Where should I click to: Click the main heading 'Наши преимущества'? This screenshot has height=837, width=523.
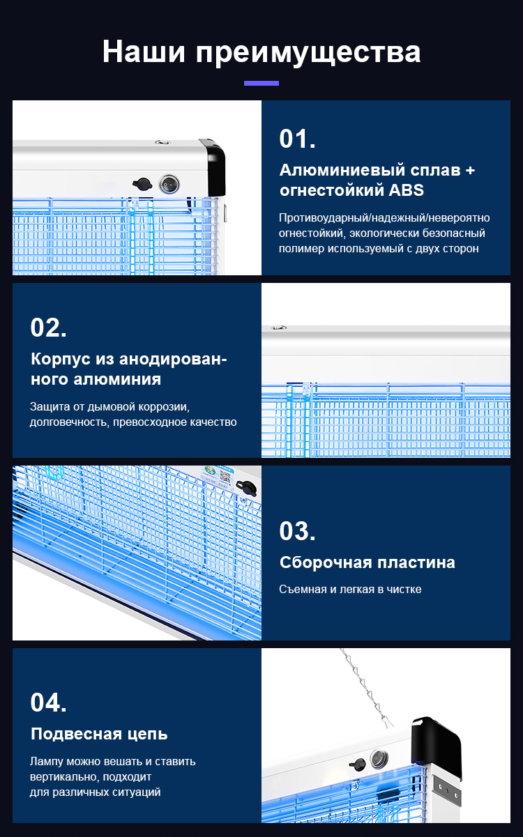pyautogui.click(x=261, y=52)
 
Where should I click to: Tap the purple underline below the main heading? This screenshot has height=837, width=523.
pyautogui.click(x=261, y=83)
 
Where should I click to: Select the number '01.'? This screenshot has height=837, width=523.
pyautogui.click(x=297, y=139)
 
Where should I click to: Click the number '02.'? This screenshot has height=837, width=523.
pyautogui.click(x=48, y=328)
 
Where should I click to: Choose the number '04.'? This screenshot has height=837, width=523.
pyautogui.click(x=48, y=702)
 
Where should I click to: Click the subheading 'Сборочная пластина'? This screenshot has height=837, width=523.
pyautogui.click(x=367, y=562)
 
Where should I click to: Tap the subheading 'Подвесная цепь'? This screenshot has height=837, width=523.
pyautogui.click(x=99, y=734)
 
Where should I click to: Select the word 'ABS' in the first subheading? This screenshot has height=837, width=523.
pyautogui.click(x=406, y=190)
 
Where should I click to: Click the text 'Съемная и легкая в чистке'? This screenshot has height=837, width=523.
pyautogui.click(x=350, y=590)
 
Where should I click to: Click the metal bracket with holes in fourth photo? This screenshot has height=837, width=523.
pyautogui.click(x=446, y=787)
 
